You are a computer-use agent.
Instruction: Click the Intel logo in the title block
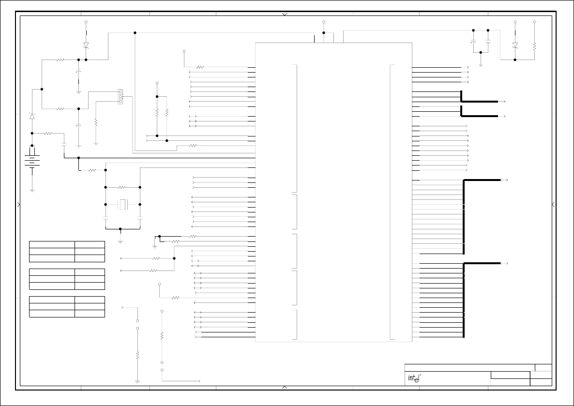pyautogui.click(x=413, y=378)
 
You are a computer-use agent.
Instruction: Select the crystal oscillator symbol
pyautogui.click(x=123, y=205)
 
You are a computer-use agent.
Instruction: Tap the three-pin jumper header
pyautogui.click(x=120, y=96)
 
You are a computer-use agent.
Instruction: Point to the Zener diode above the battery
pyautogui.click(x=32, y=117)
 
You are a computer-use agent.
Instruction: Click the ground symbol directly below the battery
pyautogui.click(x=32, y=190)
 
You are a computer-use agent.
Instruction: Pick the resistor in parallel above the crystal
pyautogui.click(x=122, y=187)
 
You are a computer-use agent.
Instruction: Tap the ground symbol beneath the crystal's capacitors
pyautogui.click(x=120, y=241)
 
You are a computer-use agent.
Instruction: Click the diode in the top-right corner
pyautogui.click(x=515, y=45)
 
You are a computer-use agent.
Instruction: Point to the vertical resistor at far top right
pyautogui.click(x=534, y=46)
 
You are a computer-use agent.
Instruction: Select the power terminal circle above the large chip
pyautogui.click(x=324, y=22)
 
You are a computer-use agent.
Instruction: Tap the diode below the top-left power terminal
pyautogui.click(x=86, y=45)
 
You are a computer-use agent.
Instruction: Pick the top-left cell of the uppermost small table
pyautogui.click(x=52, y=244)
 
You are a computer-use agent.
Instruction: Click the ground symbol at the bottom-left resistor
pyautogui.click(x=137, y=381)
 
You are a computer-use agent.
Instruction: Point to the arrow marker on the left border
pyautogui.click(x=19, y=205)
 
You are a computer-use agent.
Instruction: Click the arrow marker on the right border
pyautogui.click(x=554, y=205)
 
